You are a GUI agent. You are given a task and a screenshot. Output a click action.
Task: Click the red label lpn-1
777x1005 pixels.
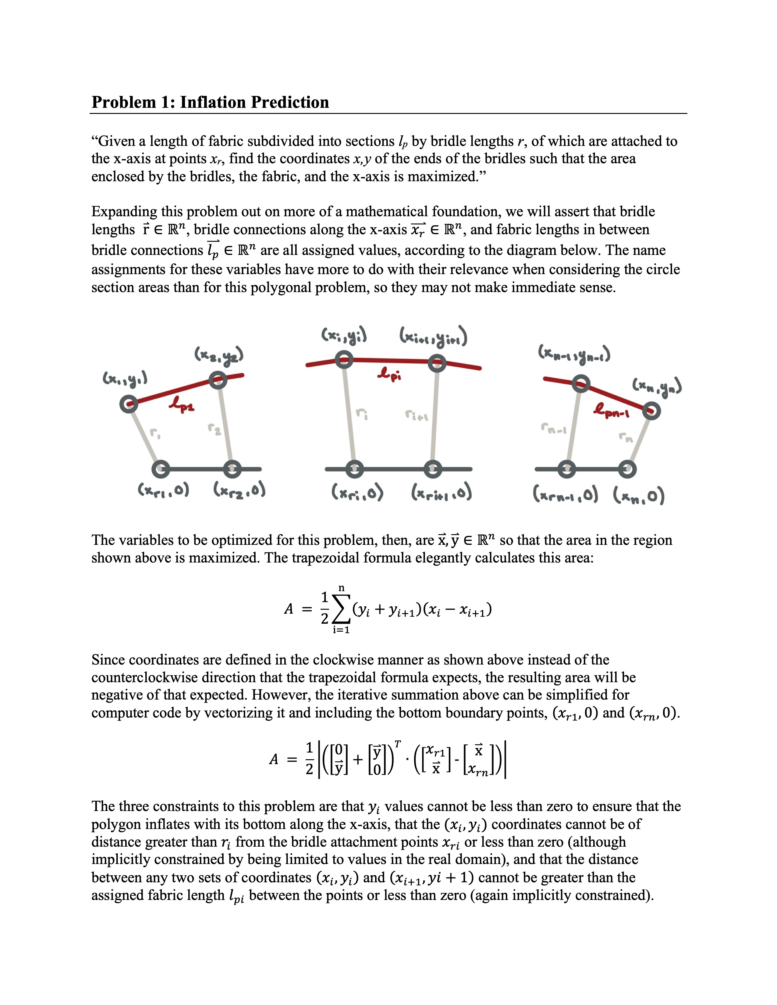(611, 410)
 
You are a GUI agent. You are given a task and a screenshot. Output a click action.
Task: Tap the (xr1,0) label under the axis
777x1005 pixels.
(163, 491)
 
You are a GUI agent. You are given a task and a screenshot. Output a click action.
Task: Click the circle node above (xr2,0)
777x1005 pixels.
(232, 469)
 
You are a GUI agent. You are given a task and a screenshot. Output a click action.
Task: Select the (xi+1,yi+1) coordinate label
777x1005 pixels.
(433, 338)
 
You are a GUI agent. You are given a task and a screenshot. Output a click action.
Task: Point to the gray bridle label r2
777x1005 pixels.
(214, 429)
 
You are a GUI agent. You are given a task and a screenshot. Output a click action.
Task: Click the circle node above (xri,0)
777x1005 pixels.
(354, 469)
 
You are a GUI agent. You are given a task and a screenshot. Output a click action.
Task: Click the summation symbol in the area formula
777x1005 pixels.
(341, 610)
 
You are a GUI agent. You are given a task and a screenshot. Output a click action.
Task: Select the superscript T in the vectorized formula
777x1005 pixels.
(398, 744)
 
